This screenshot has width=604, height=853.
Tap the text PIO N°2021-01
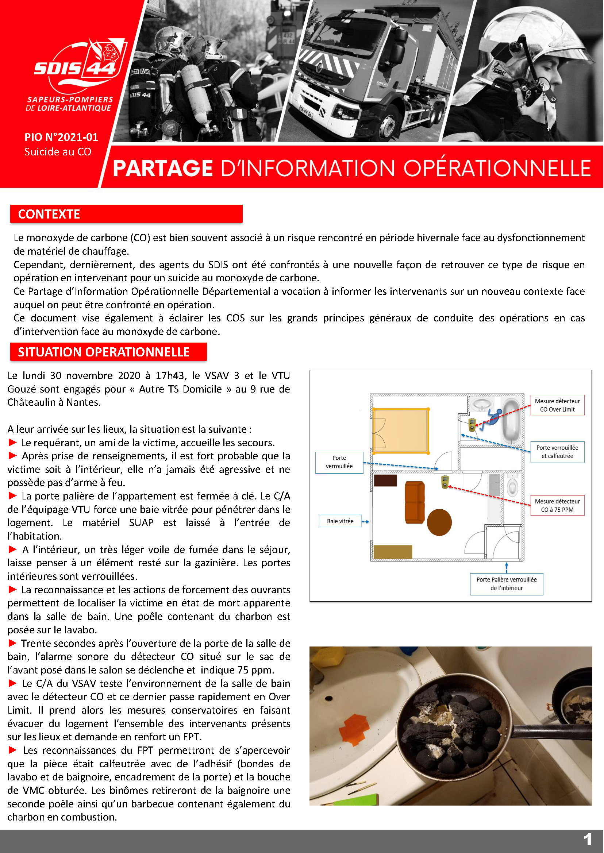pos(61,137)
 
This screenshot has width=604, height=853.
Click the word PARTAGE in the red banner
pos(162,168)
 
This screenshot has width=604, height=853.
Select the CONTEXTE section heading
pos(49,214)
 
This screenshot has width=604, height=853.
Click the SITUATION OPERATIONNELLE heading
pos(104,352)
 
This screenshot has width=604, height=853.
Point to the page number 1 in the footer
pos(587,839)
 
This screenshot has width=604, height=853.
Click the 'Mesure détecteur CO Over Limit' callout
pos(557,405)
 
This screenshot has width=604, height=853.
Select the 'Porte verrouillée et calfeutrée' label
pos(557,452)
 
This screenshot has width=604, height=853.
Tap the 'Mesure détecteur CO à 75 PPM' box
pos(557,505)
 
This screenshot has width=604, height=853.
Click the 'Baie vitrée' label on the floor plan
pos(340,521)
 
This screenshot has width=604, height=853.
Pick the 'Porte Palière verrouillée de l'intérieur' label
pos(506,584)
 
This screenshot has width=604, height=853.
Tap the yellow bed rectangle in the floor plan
pos(401,431)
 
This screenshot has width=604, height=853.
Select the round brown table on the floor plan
pos(439,522)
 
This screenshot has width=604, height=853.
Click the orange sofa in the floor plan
pos(414,502)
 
